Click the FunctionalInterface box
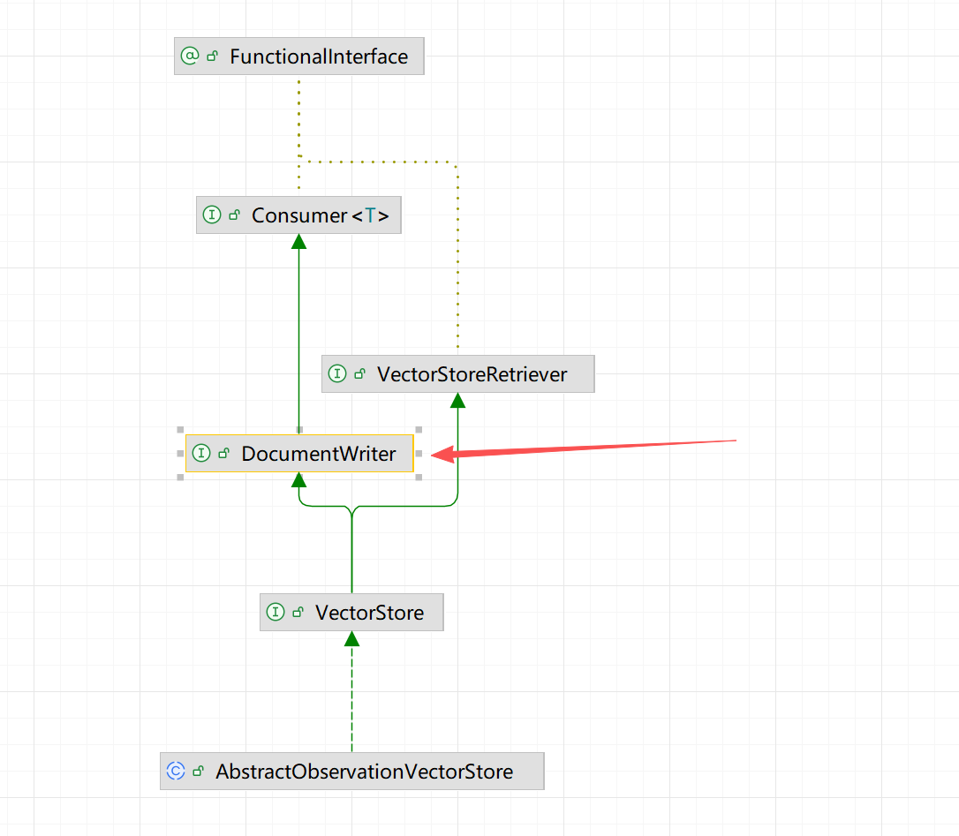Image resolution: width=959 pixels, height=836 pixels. pyautogui.click(x=299, y=56)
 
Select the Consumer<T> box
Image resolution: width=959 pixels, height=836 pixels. pyautogui.click(x=298, y=215)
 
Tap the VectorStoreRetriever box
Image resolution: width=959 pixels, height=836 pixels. pyautogui.click(x=457, y=374)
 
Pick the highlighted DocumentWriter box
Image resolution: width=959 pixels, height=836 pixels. pyautogui.click(x=299, y=454)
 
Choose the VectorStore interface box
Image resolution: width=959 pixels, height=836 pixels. pyautogui.click(x=351, y=613)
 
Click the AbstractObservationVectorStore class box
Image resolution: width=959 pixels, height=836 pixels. pyautogui.click(x=351, y=772)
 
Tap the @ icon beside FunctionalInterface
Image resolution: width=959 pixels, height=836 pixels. pyautogui.click(x=190, y=56)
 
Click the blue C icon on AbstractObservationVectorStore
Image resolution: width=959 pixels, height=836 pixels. pyautogui.click(x=176, y=772)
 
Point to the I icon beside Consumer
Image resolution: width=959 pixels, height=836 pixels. pyautogui.click(x=212, y=215)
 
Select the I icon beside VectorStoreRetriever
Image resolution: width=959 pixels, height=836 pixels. pyautogui.click(x=337, y=374)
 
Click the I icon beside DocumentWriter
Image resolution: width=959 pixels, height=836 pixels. pyautogui.click(x=201, y=454)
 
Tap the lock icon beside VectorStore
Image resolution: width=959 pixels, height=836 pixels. pyautogui.click(x=298, y=613)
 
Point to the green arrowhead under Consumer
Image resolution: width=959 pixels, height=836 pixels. pyautogui.click(x=298, y=241)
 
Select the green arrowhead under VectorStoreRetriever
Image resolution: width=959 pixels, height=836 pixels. pyautogui.click(x=457, y=400)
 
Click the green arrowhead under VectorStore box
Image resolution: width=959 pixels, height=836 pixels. pyautogui.click(x=351, y=638)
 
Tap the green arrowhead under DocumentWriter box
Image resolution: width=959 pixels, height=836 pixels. pyautogui.click(x=299, y=479)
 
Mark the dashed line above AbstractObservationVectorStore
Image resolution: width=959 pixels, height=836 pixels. pyautogui.click(x=351, y=697)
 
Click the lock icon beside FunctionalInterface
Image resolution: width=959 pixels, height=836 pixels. pyautogui.click(x=213, y=56)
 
